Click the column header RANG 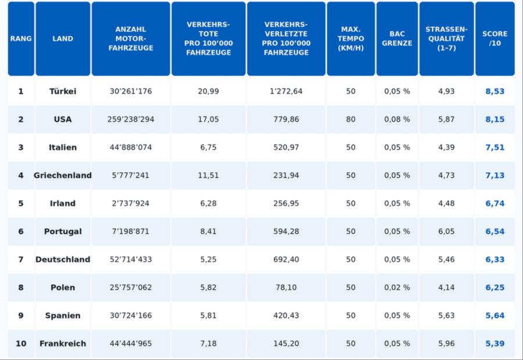(x=21, y=39)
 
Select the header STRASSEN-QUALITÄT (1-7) (x=446, y=39)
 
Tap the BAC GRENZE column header (x=397, y=39)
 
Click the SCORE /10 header (x=495, y=39)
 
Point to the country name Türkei (x=63, y=91)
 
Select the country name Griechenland (x=63, y=175)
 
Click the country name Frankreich (x=63, y=344)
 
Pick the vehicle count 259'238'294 (x=131, y=119)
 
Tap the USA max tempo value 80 (x=350, y=119)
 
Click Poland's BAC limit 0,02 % (x=397, y=287)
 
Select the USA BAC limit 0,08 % (x=397, y=119)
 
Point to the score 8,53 (x=495, y=91)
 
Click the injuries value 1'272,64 (x=286, y=91)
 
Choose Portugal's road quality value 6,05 (x=446, y=231)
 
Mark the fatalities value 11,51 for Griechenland (x=208, y=175)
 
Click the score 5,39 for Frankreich (x=495, y=344)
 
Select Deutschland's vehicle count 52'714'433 (x=131, y=259)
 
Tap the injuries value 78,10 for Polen (x=286, y=287)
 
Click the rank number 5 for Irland (x=21, y=204)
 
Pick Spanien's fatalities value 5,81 (x=208, y=316)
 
